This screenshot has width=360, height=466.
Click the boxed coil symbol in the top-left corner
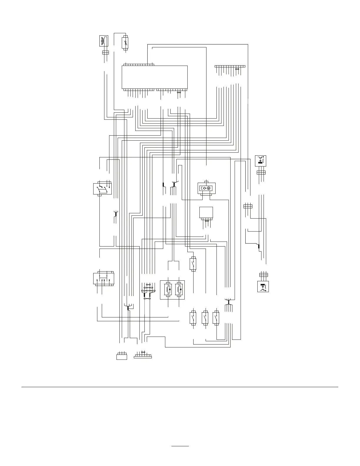(x=103, y=41)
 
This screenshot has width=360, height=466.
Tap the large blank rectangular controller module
(x=155, y=77)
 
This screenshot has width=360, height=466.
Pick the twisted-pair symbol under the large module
(x=179, y=92)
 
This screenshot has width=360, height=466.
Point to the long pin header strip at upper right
(x=230, y=66)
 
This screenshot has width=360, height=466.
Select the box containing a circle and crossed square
(x=206, y=188)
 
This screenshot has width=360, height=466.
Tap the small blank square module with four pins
(x=206, y=212)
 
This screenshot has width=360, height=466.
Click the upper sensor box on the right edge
(x=260, y=161)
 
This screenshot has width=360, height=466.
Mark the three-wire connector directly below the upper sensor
(x=261, y=172)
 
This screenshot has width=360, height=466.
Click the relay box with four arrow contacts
(x=103, y=278)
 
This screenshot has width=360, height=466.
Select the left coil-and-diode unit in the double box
(x=168, y=290)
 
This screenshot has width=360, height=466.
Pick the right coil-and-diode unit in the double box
(x=179, y=290)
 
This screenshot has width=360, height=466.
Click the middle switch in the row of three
(x=205, y=318)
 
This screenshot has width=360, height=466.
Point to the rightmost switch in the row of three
(x=216, y=318)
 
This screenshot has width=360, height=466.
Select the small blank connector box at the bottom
(x=122, y=356)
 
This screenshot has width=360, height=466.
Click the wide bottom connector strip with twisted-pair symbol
(x=143, y=356)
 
